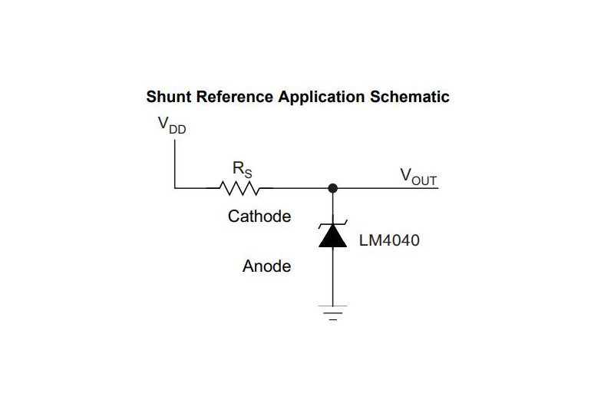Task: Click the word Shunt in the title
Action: tap(169, 98)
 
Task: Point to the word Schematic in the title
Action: tap(409, 98)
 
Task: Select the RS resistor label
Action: tap(242, 167)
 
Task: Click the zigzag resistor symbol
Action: tap(240, 187)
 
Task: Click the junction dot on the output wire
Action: tap(332, 187)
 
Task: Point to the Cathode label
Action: tap(259, 217)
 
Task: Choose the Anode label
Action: tap(267, 266)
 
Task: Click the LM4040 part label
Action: tap(389, 240)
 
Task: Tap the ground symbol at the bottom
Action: tap(332, 312)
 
